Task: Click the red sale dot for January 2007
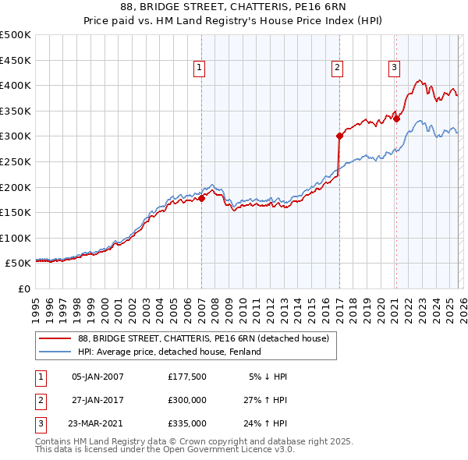(x=201, y=198)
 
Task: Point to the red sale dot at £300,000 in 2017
(x=340, y=136)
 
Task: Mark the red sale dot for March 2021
(x=396, y=118)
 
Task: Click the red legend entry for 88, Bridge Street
(x=204, y=338)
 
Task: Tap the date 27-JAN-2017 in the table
(x=97, y=399)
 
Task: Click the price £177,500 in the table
(x=187, y=376)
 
